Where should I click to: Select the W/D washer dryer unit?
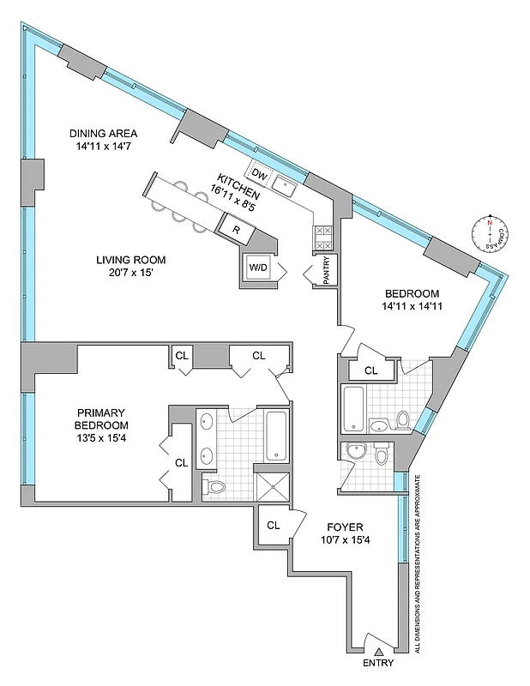(x=257, y=267)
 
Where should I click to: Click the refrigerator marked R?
(x=236, y=229)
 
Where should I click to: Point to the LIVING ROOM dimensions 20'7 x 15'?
(x=130, y=273)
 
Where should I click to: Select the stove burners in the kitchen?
(x=323, y=238)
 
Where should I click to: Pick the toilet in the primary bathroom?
(x=216, y=487)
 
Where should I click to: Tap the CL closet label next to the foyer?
(x=273, y=525)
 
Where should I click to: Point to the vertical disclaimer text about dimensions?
(x=418, y=566)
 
